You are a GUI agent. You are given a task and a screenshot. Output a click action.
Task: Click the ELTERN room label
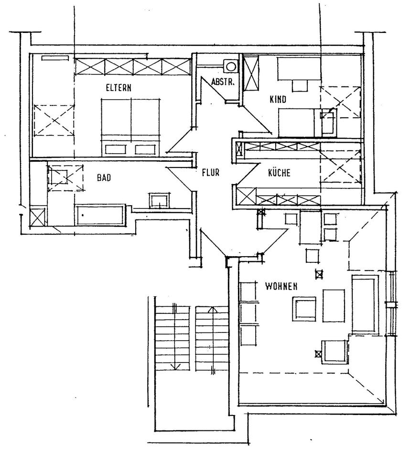[x=118, y=88]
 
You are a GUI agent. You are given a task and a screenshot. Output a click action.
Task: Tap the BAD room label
[x=104, y=178]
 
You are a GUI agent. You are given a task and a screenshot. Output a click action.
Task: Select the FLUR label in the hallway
[x=210, y=173]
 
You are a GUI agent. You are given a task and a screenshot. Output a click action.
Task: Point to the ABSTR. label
[x=222, y=82]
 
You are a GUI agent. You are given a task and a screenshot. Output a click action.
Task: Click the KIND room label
[x=277, y=100]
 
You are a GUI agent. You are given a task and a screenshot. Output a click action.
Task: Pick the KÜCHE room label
[x=279, y=173]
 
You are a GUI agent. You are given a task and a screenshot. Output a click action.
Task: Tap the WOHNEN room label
[x=281, y=286]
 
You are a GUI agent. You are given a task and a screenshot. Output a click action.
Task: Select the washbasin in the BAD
[x=159, y=200]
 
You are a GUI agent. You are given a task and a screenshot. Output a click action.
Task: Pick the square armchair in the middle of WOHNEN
[x=304, y=309]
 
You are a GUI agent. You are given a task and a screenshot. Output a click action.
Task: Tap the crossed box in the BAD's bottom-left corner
[x=37, y=217]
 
